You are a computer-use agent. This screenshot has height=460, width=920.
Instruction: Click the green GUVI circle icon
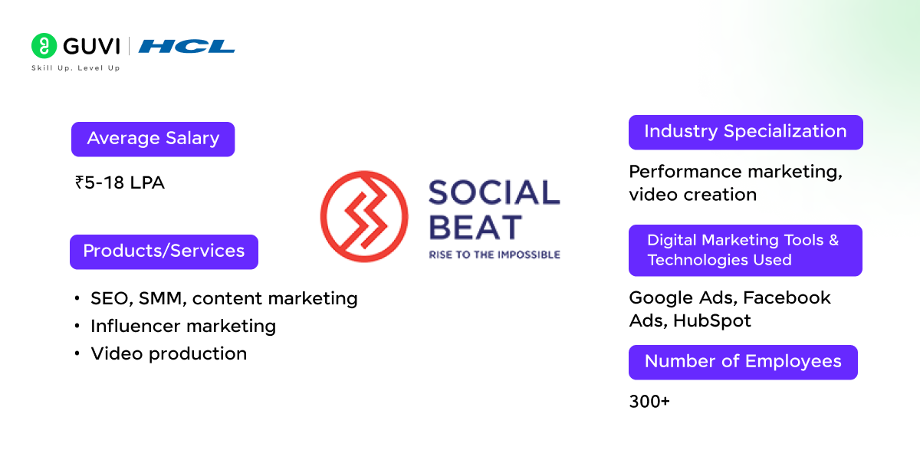tap(44, 46)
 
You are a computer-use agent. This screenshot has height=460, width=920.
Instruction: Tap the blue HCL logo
tap(188, 47)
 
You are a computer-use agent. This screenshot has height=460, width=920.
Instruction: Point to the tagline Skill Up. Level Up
tap(75, 68)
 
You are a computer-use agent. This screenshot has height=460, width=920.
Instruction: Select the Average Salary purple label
tap(153, 139)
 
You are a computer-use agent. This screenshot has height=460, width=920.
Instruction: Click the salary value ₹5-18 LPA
tap(120, 182)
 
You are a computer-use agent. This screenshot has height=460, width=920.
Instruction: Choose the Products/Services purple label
tap(163, 251)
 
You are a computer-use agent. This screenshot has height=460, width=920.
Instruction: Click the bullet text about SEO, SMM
tap(224, 298)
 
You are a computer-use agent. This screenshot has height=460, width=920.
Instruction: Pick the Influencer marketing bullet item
tap(183, 326)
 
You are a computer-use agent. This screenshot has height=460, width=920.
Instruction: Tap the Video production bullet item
tap(169, 353)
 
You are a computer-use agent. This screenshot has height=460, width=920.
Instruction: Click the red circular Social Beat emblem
tap(365, 216)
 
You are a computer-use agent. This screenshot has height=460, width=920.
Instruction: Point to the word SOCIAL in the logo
tap(494, 192)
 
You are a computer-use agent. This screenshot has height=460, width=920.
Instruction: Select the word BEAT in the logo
tap(475, 227)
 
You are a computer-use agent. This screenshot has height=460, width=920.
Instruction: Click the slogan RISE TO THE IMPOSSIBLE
tap(494, 255)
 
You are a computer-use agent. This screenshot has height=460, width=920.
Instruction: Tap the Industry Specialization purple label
tap(745, 132)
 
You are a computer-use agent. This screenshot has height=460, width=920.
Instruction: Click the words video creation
tap(692, 195)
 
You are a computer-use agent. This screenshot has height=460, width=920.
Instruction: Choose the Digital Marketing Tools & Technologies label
tap(745, 250)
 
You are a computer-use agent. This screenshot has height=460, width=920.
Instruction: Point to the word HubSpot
tap(712, 320)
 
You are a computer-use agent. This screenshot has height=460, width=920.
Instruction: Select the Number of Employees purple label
tap(743, 362)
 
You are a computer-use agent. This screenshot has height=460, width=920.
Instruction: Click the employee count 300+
tap(649, 401)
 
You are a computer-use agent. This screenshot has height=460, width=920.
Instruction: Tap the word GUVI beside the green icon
tap(91, 47)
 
